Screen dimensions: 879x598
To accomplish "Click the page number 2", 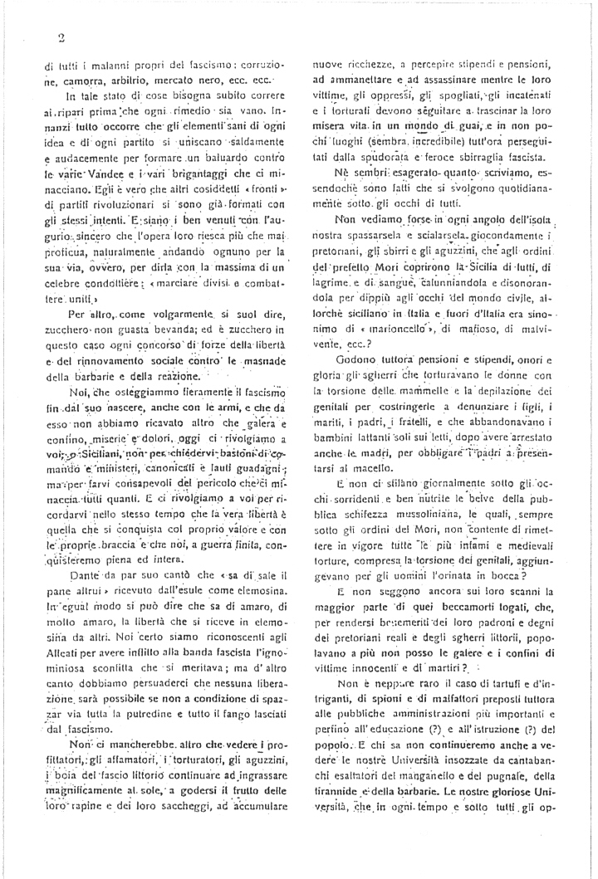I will [x=61, y=37].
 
